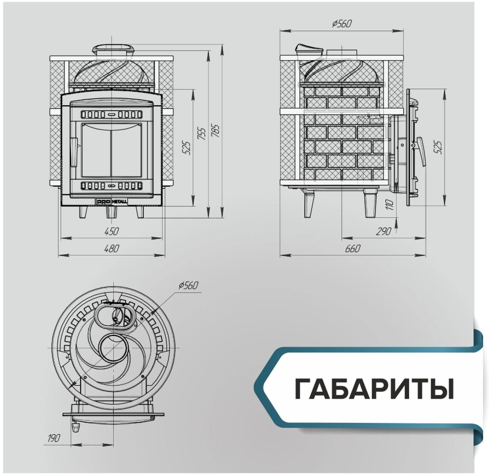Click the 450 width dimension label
coord(112,232)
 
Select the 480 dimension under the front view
coord(112,248)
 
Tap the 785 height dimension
coord(216,131)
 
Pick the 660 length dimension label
coord(353,248)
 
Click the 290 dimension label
coord(384,232)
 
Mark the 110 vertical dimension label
coord(390,205)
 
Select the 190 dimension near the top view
coord(53,438)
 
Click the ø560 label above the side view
coord(342,24)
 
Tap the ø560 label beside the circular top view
coord(188,285)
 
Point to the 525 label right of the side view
coord(438,148)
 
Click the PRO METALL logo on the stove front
coord(112,202)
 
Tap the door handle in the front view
coord(74,152)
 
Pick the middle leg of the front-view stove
coord(111,213)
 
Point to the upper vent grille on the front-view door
coord(111,115)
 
